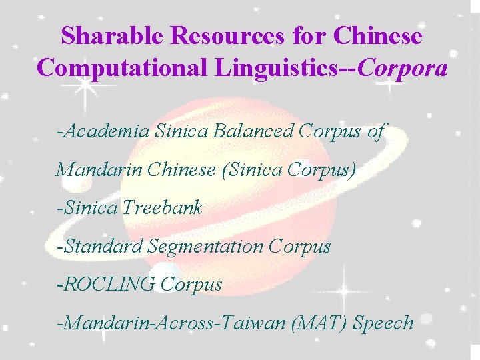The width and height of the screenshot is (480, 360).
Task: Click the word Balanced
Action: pos(253,131)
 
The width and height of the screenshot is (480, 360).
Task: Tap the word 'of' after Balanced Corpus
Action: pos(375,131)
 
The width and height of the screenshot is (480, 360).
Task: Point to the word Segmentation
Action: pos(207,247)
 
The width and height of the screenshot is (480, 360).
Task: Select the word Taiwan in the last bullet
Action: pos(254,323)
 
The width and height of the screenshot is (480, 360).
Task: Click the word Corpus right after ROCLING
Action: pos(191,285)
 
